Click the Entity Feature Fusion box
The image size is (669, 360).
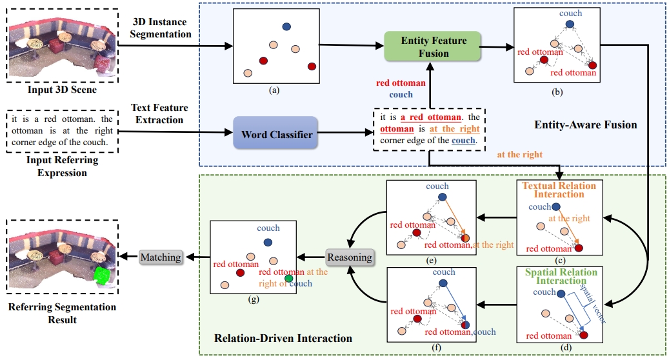point(433,46)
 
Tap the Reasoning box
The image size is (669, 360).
point(350,257)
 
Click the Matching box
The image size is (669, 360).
point(161,257)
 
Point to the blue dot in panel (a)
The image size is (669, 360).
point(286,26)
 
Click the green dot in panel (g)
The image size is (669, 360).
point(289,279)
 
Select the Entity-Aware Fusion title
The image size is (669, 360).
point(585,125)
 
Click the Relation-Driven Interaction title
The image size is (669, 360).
point(283,338)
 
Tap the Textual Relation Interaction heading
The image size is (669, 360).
point(559,190)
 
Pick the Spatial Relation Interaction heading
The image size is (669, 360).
point(561,276)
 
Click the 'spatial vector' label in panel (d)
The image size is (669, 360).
point(593,303)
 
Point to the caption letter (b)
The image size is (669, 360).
point(557,92)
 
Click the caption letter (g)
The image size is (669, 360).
point(254,299)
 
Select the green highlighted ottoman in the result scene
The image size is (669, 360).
point(103,275)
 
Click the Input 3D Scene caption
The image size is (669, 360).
point(63,90)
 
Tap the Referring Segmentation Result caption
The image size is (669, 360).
point(63,313)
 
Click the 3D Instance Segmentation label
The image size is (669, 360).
point(161,28)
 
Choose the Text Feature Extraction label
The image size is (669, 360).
point(159,114)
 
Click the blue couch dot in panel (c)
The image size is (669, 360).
point(555,207)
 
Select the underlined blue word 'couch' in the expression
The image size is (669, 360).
point(463,141)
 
